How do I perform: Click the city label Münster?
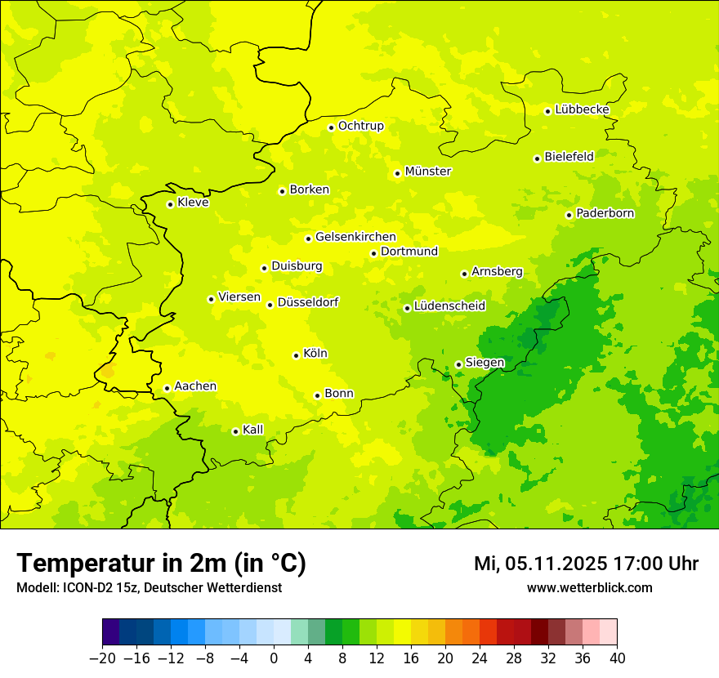(x=427, y=172)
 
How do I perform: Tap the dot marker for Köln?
(x=296, y=355)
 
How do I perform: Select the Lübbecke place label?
(x=582, y=109)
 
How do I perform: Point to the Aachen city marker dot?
(x=167, y=388)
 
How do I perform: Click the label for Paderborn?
(x=605, y=213)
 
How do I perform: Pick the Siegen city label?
(x=485, y=363)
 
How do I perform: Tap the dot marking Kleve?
(x=170, y=204)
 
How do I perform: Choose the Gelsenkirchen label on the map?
(x=355, y=237)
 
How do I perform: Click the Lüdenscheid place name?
(x=449, y=306)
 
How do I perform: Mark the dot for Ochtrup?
(x=331, y=127)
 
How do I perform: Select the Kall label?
(x=253, y=430)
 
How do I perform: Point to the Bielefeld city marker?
(x=537, y=158)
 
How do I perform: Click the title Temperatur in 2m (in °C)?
(x=161, y=564)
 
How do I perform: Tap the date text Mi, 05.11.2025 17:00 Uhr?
(x=586, y=564)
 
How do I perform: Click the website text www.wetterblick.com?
(x=589, y=587)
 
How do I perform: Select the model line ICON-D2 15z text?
(x=149, y=587)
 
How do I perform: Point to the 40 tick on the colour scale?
(x=617, y=658)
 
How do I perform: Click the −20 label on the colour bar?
(x=102, y=658)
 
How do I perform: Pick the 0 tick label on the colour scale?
(x=274, y=658)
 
